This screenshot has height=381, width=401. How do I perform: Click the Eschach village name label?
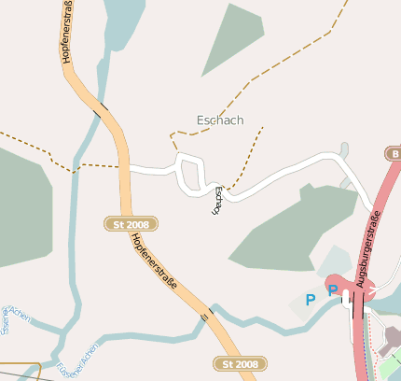pyautogui.click(x=220, y=120)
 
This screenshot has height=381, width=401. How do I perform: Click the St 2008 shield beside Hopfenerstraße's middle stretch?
pyautogui.click(x=131, y=224)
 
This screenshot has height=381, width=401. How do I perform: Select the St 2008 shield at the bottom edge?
pyautogui.click(x=241, y=363)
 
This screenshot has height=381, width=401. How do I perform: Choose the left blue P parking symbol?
pyautogui.click(x=311, y=300)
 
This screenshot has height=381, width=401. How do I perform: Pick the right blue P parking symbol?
pyautogui.click(x=332, y=291)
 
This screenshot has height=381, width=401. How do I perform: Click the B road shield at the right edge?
pyautogui.click(x=394, y=153)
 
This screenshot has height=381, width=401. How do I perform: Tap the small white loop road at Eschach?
pyautogui.click(x=190, y=175)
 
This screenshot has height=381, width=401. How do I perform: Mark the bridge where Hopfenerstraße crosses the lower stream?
pyautogui.click(x=205, y=317)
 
